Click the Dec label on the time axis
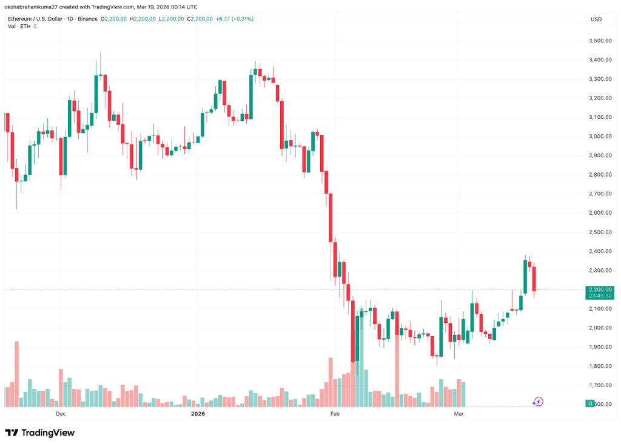(60, 414)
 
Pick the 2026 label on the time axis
(198, 414)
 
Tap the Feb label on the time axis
(334, 414)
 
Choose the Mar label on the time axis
(459, 414)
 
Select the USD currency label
(596, 19)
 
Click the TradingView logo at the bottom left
(40, 433)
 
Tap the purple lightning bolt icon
(537, 402)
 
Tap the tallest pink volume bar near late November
(17, 374)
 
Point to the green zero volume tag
(589, 404)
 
